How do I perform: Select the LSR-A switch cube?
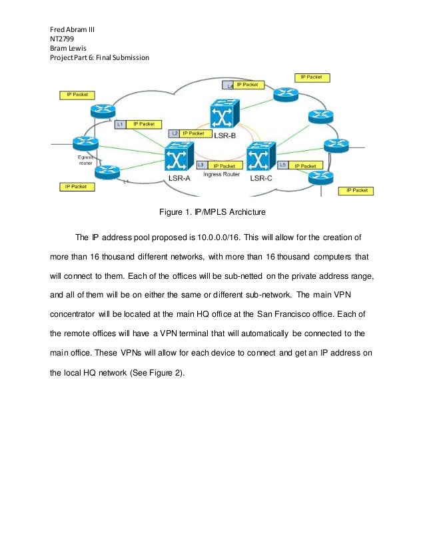pyautogui.click(x=177, y=159)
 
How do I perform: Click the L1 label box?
pyautogui.click(x=121, y=124)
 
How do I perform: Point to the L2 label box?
pyautogui.click(x=175, y=133)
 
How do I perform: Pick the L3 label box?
pyautogui.click(x=201, y=165)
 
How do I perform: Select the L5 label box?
pyautogui.click(x=283, y=165)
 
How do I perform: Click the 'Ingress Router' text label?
pyautogui.click(x=222, y=173)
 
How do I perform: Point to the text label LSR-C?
pyautogui.click(x=262, y=179)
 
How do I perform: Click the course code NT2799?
pyautogui.click(x=62, y=39)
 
